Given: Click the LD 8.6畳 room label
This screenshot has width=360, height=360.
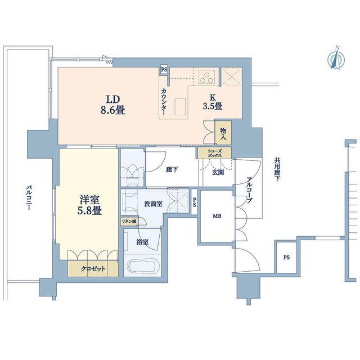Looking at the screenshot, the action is pyautogui.click(x=112, y=105).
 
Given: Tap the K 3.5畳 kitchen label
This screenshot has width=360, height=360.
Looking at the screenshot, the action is pyautogui.click(x=213, y=102).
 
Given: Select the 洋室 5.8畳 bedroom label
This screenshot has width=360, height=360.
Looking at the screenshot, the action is pyautogui.click(x=89, y=205).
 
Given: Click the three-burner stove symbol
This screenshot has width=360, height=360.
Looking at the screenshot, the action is pyautogui.click(x=207, y=77).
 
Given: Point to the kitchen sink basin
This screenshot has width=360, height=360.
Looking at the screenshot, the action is pyautogui.click(x=180, y=106).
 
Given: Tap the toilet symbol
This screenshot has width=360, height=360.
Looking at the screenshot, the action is pyautogui.click(x=133, y=175).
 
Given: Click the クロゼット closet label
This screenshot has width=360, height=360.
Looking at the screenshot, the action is pyautogui.click(x=93, y=269).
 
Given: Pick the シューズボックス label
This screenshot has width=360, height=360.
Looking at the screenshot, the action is pyautogui.click(x=215, y=153).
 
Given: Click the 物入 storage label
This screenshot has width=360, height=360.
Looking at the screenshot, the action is pyautogui.click(x=223, y=134).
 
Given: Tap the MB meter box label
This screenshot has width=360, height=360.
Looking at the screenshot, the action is pyautogui.click(x=217, y=216).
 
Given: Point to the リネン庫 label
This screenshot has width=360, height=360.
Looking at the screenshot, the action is pyautogui.click(x=129, y=222).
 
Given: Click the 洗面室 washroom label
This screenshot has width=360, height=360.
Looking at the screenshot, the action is pyautogui.click(x=154, y=204).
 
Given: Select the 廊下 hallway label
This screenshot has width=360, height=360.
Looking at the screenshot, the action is pyautogui.click(x=172, y=170).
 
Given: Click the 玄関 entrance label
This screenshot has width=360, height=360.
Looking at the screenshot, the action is pyautogui.click(x=218, y=172).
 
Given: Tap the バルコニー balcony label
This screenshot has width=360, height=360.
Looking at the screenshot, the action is pyautogui.click(x=29, y=197).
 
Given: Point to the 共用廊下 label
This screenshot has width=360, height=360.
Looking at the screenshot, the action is pyautogui.click(x=277, y=169).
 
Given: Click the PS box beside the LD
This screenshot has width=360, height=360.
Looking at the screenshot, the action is pyautogui.click(x=164, y=70).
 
